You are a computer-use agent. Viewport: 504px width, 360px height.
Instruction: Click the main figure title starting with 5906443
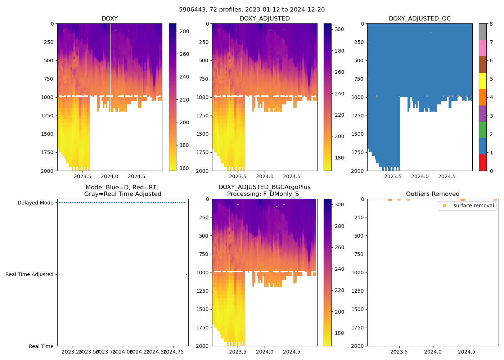coord(252,10)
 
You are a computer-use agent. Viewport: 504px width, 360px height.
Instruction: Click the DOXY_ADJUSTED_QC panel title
coord(419,19)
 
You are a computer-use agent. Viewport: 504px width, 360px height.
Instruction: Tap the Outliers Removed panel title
coord(432,194)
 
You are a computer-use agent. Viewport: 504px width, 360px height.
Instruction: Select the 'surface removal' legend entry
coord(473,206)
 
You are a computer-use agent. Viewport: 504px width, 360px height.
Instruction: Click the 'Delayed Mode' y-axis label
coord(35,203)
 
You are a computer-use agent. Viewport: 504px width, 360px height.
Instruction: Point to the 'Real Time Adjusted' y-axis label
coord(29,274)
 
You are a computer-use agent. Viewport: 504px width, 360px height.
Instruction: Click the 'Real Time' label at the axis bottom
coord(41,346)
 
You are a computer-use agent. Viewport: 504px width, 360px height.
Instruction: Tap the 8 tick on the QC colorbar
coord(491,24)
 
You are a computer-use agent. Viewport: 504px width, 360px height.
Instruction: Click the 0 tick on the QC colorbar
coord(491,171)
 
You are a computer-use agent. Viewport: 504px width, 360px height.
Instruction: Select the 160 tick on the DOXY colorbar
coord(184,168)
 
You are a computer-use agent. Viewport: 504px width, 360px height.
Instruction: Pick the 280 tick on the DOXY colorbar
coord(184,31)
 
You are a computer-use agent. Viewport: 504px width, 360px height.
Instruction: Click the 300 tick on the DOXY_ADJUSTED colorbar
coord(339,29)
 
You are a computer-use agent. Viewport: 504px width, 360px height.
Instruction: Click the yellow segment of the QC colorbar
coord(482,81)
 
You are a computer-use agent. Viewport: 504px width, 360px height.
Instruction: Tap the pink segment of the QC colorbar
coord(482,48)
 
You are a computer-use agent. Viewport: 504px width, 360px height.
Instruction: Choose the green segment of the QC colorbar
coord(482,130)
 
